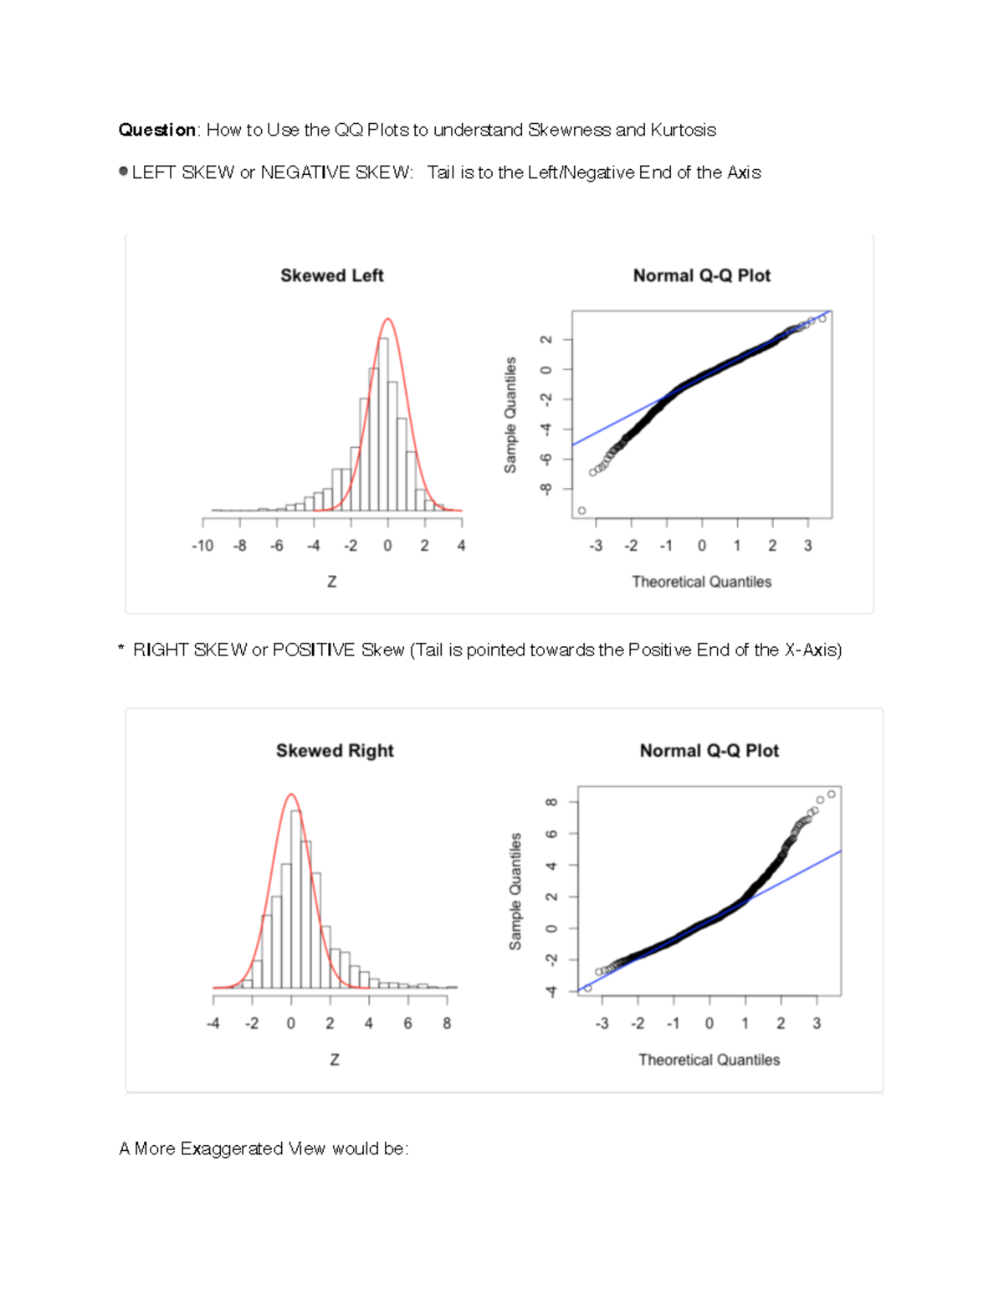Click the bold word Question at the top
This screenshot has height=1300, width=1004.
tap(156, 130)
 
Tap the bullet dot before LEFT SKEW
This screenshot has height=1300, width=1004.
tap(124, 172)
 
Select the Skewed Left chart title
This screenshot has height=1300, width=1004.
tap(331, 275)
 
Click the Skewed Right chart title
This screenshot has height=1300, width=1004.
tap(335, 751)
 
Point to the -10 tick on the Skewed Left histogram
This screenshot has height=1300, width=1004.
tap(202, 546)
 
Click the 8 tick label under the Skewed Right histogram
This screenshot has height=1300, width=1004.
tap(447, 1023)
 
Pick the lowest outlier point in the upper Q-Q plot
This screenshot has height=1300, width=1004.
tap(581, 511)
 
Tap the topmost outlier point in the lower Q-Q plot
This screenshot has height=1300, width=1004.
tap(831, 794)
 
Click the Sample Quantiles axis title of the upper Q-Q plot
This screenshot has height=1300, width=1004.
tap(510, 414)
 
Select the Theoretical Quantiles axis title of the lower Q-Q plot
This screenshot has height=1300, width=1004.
tap(709, 1060)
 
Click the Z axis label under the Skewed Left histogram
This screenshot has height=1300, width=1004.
tap(332, 582)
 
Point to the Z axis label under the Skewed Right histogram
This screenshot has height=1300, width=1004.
tap(335, 1060)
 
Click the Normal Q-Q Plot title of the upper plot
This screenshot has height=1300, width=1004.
tap(701, 275)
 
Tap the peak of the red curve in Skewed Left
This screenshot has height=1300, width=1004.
tap(387, 319)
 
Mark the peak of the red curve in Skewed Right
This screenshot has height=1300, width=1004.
tap(291, 794)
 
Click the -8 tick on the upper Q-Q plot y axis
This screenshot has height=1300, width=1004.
tap(546, 489)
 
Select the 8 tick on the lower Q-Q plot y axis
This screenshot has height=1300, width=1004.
tap(551, 802)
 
